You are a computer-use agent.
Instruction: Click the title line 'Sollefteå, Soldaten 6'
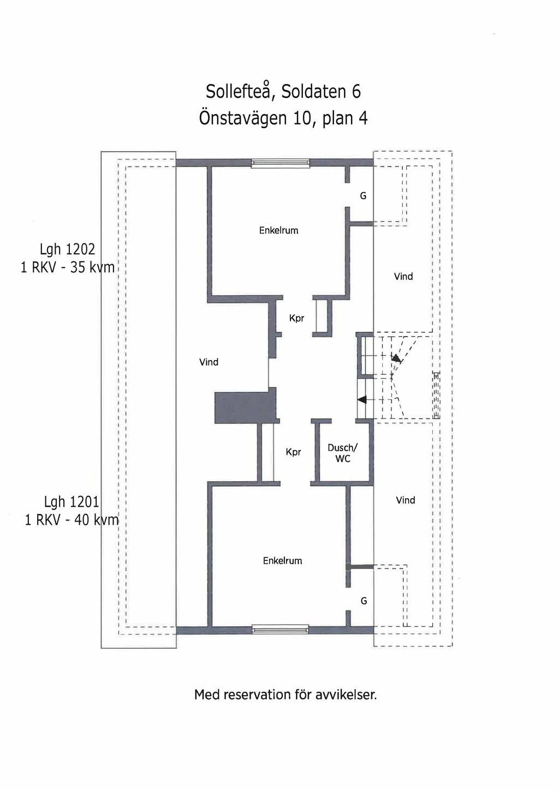click(x=283, y=91)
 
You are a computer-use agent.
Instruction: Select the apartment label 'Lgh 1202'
click(x=67, y=250)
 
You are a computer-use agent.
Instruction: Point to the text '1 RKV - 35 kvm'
click(x=68, y=268)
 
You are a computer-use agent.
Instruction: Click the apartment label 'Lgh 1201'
click(x=72, y=501)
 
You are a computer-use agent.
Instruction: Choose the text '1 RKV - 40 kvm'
click(x=72, y=520)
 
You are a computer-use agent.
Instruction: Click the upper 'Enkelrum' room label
click(x=279, y=230)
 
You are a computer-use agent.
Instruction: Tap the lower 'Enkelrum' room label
click(x=282, y=561)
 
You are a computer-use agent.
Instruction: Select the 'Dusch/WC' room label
click(x=342, y=453)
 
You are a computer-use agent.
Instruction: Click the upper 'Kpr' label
click(x=296, y=319)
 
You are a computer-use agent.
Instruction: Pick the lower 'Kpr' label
click(x=293, y=452)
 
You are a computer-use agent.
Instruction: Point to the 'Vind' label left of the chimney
click(x=209, y=362)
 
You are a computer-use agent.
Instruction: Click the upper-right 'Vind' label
click(x=403, y=276)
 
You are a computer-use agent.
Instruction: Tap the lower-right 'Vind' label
click(x=406, y=500)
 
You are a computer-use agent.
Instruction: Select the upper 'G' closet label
click(x=363, y=196)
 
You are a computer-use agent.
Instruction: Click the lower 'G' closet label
click(x=364, y=601)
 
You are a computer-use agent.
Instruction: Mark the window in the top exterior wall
click(x=281, y=163)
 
